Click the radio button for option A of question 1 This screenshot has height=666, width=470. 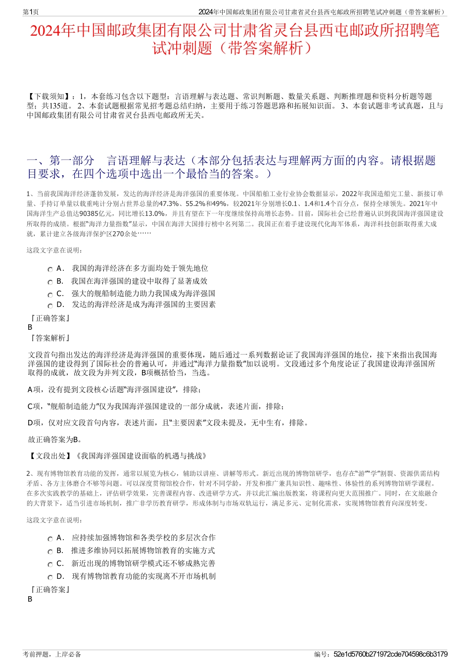[x=50, y=269]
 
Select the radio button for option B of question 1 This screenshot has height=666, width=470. [x=50, y=282]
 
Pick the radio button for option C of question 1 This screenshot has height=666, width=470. [x=50, y=295]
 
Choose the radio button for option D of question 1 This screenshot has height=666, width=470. [x=50, y=306]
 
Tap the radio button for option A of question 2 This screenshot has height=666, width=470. [x=50, y=539]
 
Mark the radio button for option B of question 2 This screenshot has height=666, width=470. [x=50, y=552]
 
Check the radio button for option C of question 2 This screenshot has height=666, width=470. [x=50, y=564]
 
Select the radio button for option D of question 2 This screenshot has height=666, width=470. [x=50, y=577]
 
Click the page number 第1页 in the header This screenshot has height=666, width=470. [x=31, y=12]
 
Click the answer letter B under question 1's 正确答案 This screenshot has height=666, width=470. [x=30, y=327]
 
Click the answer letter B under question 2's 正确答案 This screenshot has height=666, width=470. [x=30, y=599]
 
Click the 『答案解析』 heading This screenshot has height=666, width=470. [x=49, y=338]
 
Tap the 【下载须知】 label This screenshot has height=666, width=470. [x=49, y=97]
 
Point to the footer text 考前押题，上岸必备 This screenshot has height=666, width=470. [x=52, y=654]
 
